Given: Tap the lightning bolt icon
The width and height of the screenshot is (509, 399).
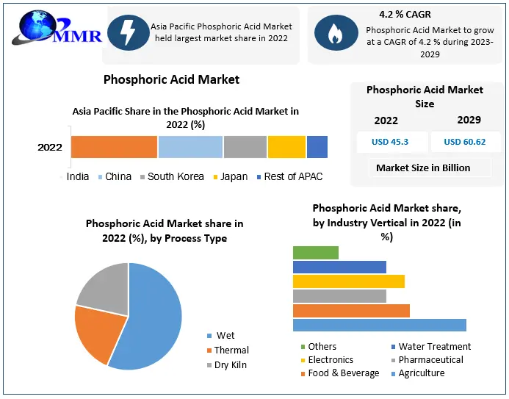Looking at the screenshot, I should click(128, 32).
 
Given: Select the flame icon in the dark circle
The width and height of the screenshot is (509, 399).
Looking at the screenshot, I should click(335, 32).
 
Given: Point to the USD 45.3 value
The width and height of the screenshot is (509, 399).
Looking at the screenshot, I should click(390, 142).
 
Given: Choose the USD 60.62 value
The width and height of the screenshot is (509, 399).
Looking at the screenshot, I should click(464, 142).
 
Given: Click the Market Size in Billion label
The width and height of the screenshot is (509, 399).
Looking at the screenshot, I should click(423, 168).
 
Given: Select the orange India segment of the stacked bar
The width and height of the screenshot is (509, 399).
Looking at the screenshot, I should click(114, 147).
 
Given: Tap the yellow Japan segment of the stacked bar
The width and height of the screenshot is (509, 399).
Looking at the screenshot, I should click(286, 147).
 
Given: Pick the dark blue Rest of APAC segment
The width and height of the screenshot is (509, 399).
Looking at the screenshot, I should click(317, 147).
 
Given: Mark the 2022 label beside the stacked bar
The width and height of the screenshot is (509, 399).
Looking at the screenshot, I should click(50, 147).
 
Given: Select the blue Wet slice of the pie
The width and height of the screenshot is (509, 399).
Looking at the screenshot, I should click(151, 316).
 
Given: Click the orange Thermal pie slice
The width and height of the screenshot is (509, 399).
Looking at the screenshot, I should click(95, 334).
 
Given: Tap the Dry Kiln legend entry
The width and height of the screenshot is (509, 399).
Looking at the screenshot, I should click(230, 364).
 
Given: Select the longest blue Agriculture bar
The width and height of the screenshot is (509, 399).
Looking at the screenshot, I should click(379, 325).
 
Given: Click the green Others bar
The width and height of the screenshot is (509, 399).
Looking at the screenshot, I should click(315, 253).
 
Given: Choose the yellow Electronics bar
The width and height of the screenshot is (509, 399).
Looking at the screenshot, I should click(348, 281).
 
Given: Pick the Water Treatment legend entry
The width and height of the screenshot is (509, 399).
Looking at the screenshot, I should click(434, 346).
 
